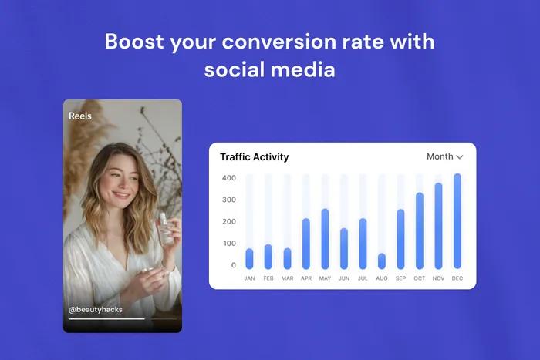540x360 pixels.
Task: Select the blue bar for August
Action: [382, 261]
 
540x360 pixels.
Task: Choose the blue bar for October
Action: [420, 230]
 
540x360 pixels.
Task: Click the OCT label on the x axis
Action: [420, 278]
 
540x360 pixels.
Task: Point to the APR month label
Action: [305, 278]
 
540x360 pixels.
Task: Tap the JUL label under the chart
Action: [363, 278]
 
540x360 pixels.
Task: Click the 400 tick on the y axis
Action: [228, 178]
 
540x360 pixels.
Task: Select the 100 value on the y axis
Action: [228, 244]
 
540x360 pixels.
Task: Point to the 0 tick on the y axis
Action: [233, 265]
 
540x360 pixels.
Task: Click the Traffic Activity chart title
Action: [255, 157]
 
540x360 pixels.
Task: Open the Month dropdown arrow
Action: [460, 157]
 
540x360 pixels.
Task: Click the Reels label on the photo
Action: [80, 116]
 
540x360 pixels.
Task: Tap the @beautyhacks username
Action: [96, 310]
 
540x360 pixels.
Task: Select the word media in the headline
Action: [303, 69]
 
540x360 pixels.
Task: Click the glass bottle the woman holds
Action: [165, 229]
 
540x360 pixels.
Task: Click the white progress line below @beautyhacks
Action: [106, 318]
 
